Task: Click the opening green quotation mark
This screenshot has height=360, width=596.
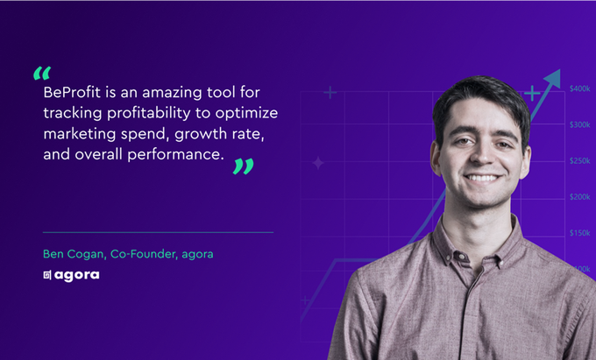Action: pyautogui.click(x=41, y=73)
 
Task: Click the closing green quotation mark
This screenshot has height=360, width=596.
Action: pyautogui.click(x=243, y=166)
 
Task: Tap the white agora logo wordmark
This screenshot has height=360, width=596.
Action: pyautogui.click(x=77, y=275)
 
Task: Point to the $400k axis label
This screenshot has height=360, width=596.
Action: pyautogui.click(x=579, y=88)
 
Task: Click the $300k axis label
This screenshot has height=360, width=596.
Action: pyautogui.click(x=579, y=125)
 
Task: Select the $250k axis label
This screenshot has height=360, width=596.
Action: pyautogui.click(x=579, y=161)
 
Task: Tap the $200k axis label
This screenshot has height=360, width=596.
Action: pyautogui.click(x=579, y=197)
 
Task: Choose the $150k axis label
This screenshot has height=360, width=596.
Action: pyautogui.click(x=579, y=233)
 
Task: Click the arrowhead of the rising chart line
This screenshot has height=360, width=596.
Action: pyautogui.click(x=552, y=78)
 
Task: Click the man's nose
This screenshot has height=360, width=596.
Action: pyautogui.click(x=481, y=159)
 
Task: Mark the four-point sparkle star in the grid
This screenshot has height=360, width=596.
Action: pyautogui.click(x=318, y=163)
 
